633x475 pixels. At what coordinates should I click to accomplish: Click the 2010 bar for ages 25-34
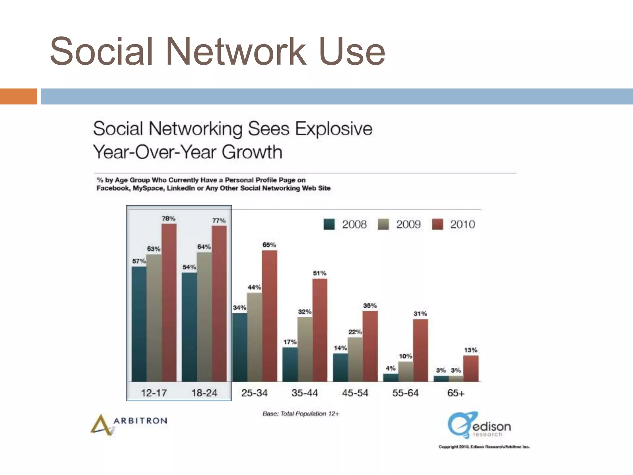click(270, 315)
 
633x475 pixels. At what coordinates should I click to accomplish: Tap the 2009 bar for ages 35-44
click(305, 349)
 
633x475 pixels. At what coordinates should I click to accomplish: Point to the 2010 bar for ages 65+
click(471, 368)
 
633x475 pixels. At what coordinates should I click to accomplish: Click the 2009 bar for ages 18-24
click(204, 317)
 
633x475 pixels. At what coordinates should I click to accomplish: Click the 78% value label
click(168, 219)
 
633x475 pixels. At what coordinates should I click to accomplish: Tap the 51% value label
click(320, 273)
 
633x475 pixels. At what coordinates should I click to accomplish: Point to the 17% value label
click(290, 342)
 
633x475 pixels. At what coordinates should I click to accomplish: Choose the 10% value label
click(405, 356)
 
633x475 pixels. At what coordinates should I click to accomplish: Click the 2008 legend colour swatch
click(329, 225)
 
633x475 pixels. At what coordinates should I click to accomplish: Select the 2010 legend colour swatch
click(437, 225)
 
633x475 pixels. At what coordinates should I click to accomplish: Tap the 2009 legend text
click(408, 225)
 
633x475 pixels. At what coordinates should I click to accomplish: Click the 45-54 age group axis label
click(355, 393)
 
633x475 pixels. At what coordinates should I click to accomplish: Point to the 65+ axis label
click(456, 393)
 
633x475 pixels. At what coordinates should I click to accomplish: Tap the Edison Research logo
click(479, 425)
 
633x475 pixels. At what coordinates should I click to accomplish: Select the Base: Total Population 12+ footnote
click(301, 414)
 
